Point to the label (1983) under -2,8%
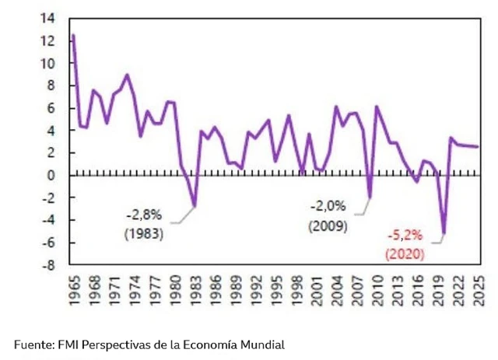pos(143,232)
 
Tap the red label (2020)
pos(404,253)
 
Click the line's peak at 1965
pos(73,35)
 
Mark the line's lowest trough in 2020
pos(444,233)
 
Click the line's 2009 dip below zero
pos(370,197)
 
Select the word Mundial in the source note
pos(262,344)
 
